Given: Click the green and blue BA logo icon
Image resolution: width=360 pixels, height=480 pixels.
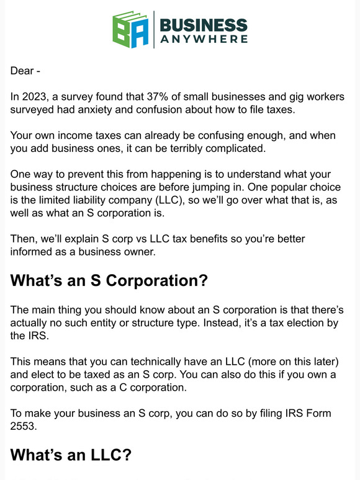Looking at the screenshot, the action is point(131,29).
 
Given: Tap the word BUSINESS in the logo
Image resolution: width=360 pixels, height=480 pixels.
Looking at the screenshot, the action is point(204,25).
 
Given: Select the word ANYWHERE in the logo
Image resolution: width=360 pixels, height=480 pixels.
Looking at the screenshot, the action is point(204,39).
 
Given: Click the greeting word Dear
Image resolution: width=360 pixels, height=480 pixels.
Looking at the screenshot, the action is point(22,71).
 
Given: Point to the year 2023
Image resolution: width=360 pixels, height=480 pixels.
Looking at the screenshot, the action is point(35,97).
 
